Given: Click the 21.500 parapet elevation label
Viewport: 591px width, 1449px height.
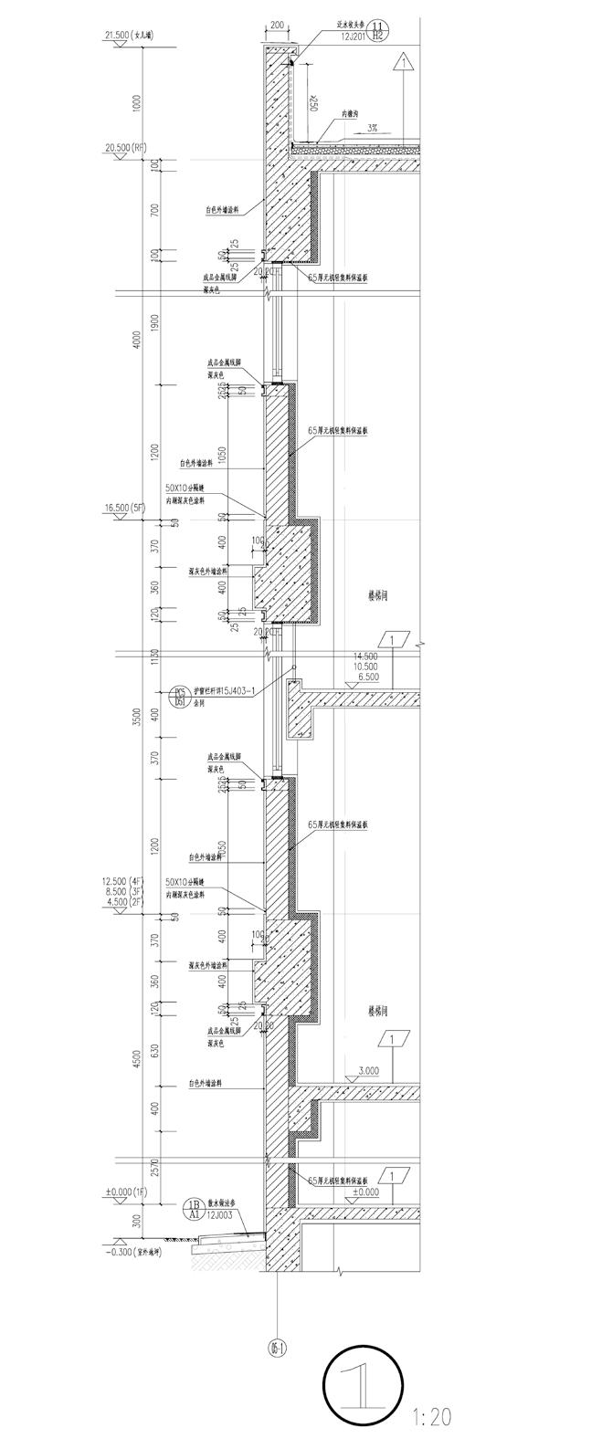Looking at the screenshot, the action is click(130, 37).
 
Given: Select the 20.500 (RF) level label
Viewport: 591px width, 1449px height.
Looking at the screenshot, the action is click(127, 146).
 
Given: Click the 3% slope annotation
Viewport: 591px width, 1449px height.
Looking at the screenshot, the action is click(373, 129).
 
